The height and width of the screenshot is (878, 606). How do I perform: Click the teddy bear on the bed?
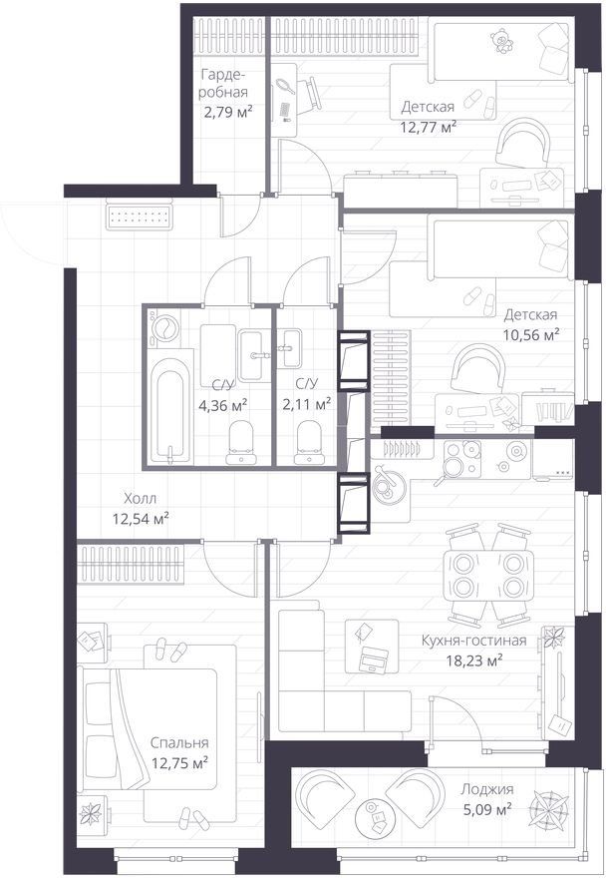click(501, 42)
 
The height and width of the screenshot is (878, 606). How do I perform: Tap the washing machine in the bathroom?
click(164, 327)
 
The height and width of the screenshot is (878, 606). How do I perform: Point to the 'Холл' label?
click(141, 498)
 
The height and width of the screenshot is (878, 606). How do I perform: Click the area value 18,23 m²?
click(474, 660)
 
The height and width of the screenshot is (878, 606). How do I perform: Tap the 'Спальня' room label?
click(179, 743)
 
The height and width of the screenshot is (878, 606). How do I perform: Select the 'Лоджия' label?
click(486, 789)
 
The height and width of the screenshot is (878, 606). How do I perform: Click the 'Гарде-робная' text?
click(223, 84)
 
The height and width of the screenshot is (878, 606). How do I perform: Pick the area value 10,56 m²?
click(531, 335)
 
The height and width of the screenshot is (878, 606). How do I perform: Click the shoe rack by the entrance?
click(139, 216)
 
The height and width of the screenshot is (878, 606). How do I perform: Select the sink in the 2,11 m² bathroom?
click(290, 348)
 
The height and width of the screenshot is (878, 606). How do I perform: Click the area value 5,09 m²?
click(485, 810)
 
